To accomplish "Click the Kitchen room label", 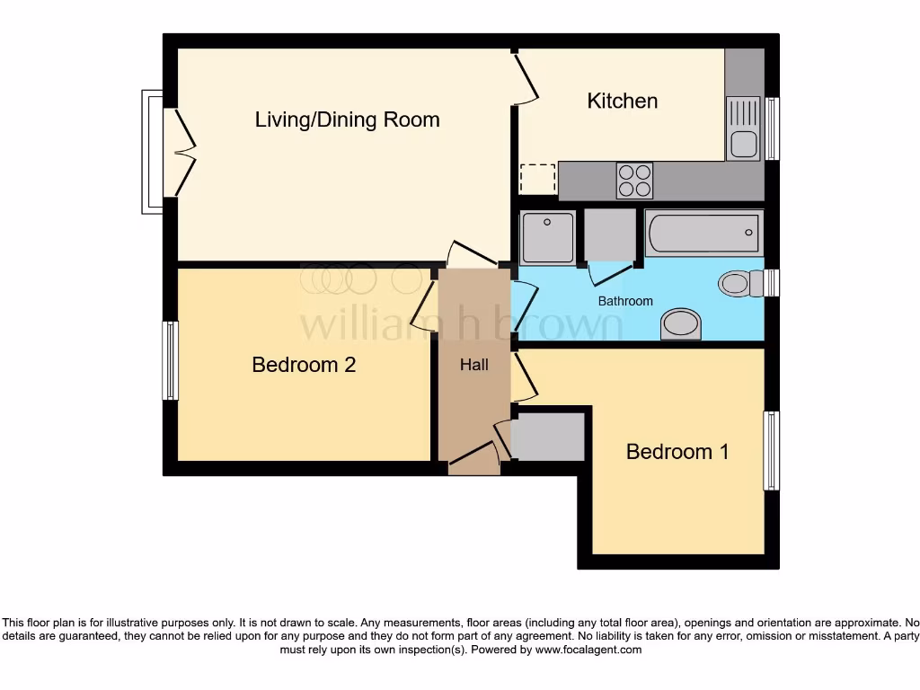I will tap(622, 101).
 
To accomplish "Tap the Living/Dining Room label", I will tap(347, 119).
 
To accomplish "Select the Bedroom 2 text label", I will tap(304, 365).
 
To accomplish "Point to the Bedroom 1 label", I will tap(677, 451).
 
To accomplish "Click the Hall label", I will tap(474, 365).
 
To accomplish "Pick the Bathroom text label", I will tap(625, 301).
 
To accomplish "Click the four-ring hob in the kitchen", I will tap(634, 180).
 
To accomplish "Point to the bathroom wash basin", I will tap(680, 325).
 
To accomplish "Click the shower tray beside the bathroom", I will tap(547, 237).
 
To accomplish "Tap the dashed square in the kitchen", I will tap(538, 179).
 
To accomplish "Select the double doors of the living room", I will tap(184, 152).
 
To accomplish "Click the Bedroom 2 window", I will tap(169, 360).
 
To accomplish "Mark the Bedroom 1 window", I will tap(771, 450).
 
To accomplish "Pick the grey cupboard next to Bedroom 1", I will tap(548, 437).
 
